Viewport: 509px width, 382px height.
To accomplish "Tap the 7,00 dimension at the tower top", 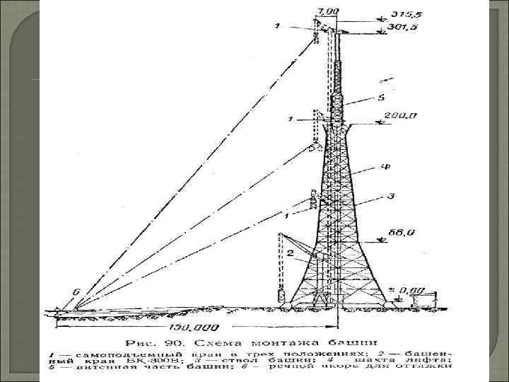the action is point(329,11).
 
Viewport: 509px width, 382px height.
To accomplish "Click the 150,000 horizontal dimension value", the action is point(194,328).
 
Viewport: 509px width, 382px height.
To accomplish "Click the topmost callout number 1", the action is point(278,27).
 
